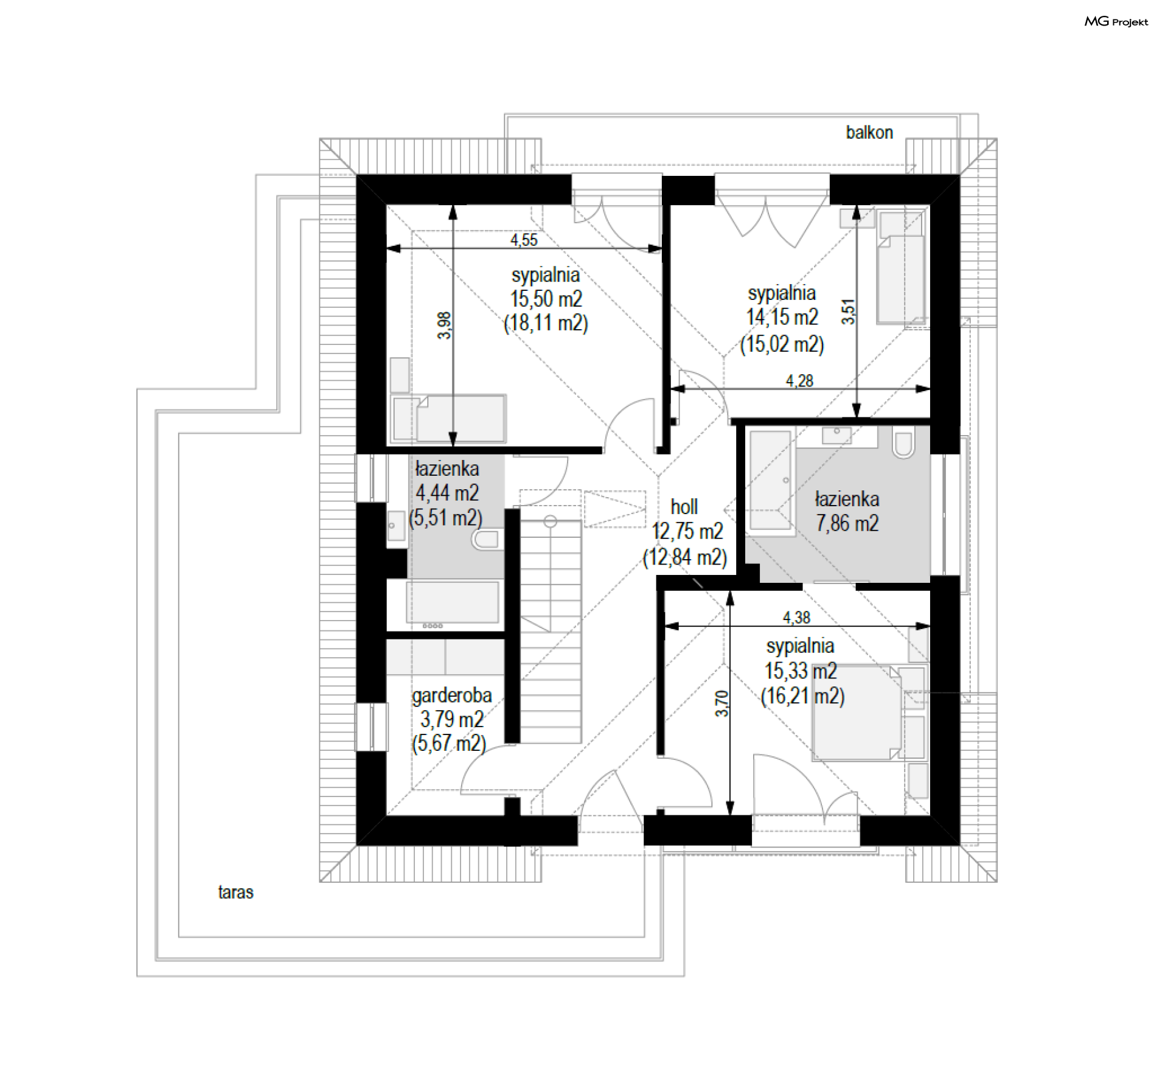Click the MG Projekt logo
1116,22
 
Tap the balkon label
869,133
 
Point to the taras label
235,893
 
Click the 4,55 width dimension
524,240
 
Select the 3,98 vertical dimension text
445,325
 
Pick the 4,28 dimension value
799,381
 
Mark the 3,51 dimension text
849,312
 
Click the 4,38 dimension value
796,618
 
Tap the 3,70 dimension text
722,703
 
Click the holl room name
684,507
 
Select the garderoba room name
451,695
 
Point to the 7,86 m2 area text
847,523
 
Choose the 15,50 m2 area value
546,299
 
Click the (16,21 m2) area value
803,695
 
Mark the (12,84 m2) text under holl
685,557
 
